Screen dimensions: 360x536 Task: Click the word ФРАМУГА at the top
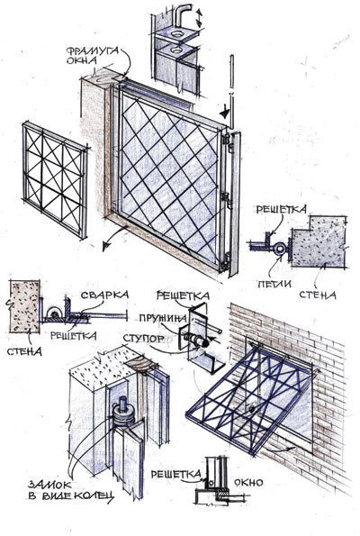tap(93, 51)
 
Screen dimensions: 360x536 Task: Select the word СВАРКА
tap(104, 295)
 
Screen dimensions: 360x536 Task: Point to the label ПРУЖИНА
tap(163, 319)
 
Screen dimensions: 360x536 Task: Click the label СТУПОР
tap(144, 339)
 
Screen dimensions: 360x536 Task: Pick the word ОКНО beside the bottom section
tap(248, 482)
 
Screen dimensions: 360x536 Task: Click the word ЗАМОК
tap(50, 485)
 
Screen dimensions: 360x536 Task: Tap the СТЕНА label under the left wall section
tap(24, 351)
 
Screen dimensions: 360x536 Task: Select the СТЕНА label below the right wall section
tap(318, 295)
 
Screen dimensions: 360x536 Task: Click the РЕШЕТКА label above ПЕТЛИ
tap(282, 209)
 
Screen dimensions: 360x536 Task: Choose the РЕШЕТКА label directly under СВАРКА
tap(74, 335)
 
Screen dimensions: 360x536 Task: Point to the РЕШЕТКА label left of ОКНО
tap(175, 474)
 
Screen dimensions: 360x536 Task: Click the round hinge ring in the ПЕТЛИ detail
tap(279, 249)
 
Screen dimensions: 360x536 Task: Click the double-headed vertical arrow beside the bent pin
tap(199, 18)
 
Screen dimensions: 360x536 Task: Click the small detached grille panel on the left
tap(55, 180)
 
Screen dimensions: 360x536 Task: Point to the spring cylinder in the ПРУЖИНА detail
tap(195, 339)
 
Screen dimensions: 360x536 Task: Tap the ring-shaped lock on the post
tap(123, 415)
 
